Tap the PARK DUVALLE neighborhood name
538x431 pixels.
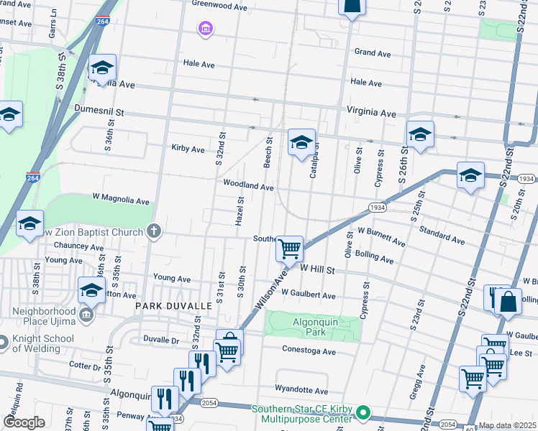pyautogui.click(x=173, y=306)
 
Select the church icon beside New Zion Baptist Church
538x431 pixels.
pyautogui.click(x=152, y=231)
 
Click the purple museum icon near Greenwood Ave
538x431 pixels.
pyautogui.click(x=206, y=28)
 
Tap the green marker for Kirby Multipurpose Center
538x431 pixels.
pyautogui.click(x=363, y=413)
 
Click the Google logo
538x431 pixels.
pyautogui.click(x=24, y=422)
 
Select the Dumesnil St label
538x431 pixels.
pyautogui.click(x=99, y=112)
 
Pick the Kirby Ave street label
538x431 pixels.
pyautogui.click(x=188, y=149)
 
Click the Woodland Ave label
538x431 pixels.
pyautogui.click(x=248, y=186)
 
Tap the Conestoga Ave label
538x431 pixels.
pyautogui.click(x=309, y=352)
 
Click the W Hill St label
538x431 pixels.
pyautogui.click(x=318, y=269)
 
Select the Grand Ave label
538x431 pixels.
pyautogui.click(x=373, y=53)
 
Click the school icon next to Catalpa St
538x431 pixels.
pyautogui.click(x=301, y=142)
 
